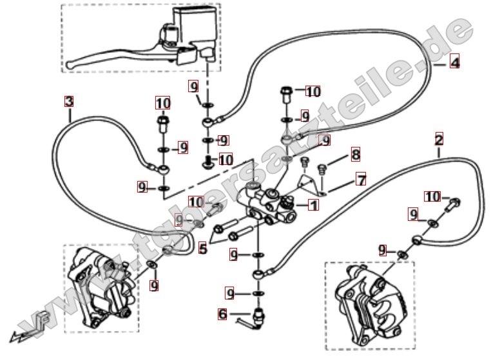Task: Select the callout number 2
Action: tap(439, 139)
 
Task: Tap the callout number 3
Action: tap(69, 101)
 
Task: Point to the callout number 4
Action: tap(454, 62)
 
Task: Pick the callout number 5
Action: tap(202, 247)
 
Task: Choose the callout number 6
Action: tap(223, 314)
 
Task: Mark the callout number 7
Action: tap(361, 180)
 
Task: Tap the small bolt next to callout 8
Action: tap(323, 169)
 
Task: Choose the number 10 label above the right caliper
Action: tap(432, 196)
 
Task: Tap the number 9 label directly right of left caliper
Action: tap(154, 284)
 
